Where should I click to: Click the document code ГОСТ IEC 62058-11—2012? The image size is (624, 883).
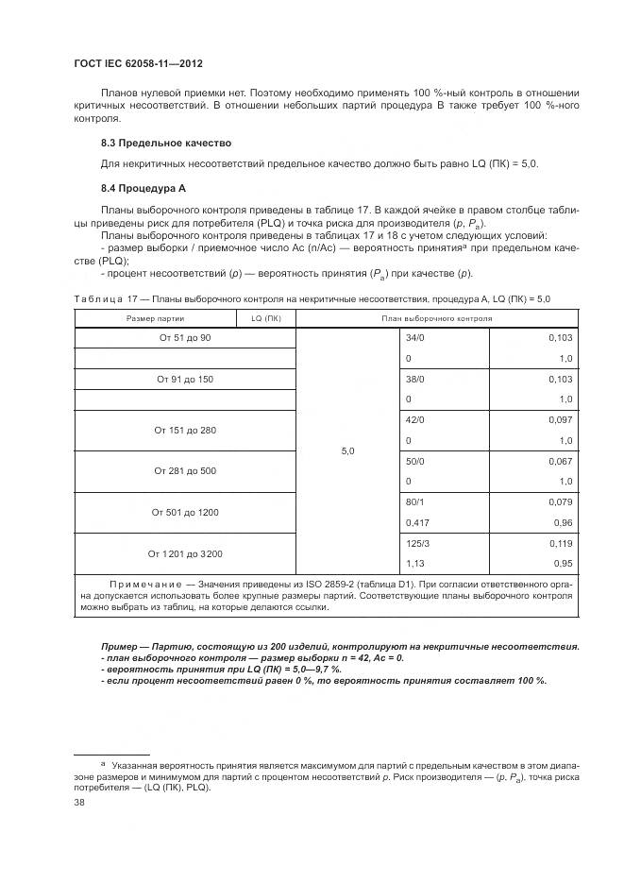tap(138, 63)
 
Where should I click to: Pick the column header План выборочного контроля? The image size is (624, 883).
tap(436, 318)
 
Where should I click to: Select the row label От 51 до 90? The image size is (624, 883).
tap(184, 337)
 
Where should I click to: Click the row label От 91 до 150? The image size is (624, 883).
tap(184, 379)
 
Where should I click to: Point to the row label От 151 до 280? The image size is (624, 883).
tap(184, 430)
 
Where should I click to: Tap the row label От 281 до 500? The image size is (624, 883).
tap(184, 470)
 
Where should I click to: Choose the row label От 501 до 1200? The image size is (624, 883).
tap(184, 512)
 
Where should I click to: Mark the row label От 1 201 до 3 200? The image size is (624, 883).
tap(184, 553)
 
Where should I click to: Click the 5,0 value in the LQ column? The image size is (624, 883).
tap(346, 451)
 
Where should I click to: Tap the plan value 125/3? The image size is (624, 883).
tap(417, 543)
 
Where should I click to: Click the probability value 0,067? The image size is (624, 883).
tap(560, 461)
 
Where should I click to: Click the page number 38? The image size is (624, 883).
tap(80, 802)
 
